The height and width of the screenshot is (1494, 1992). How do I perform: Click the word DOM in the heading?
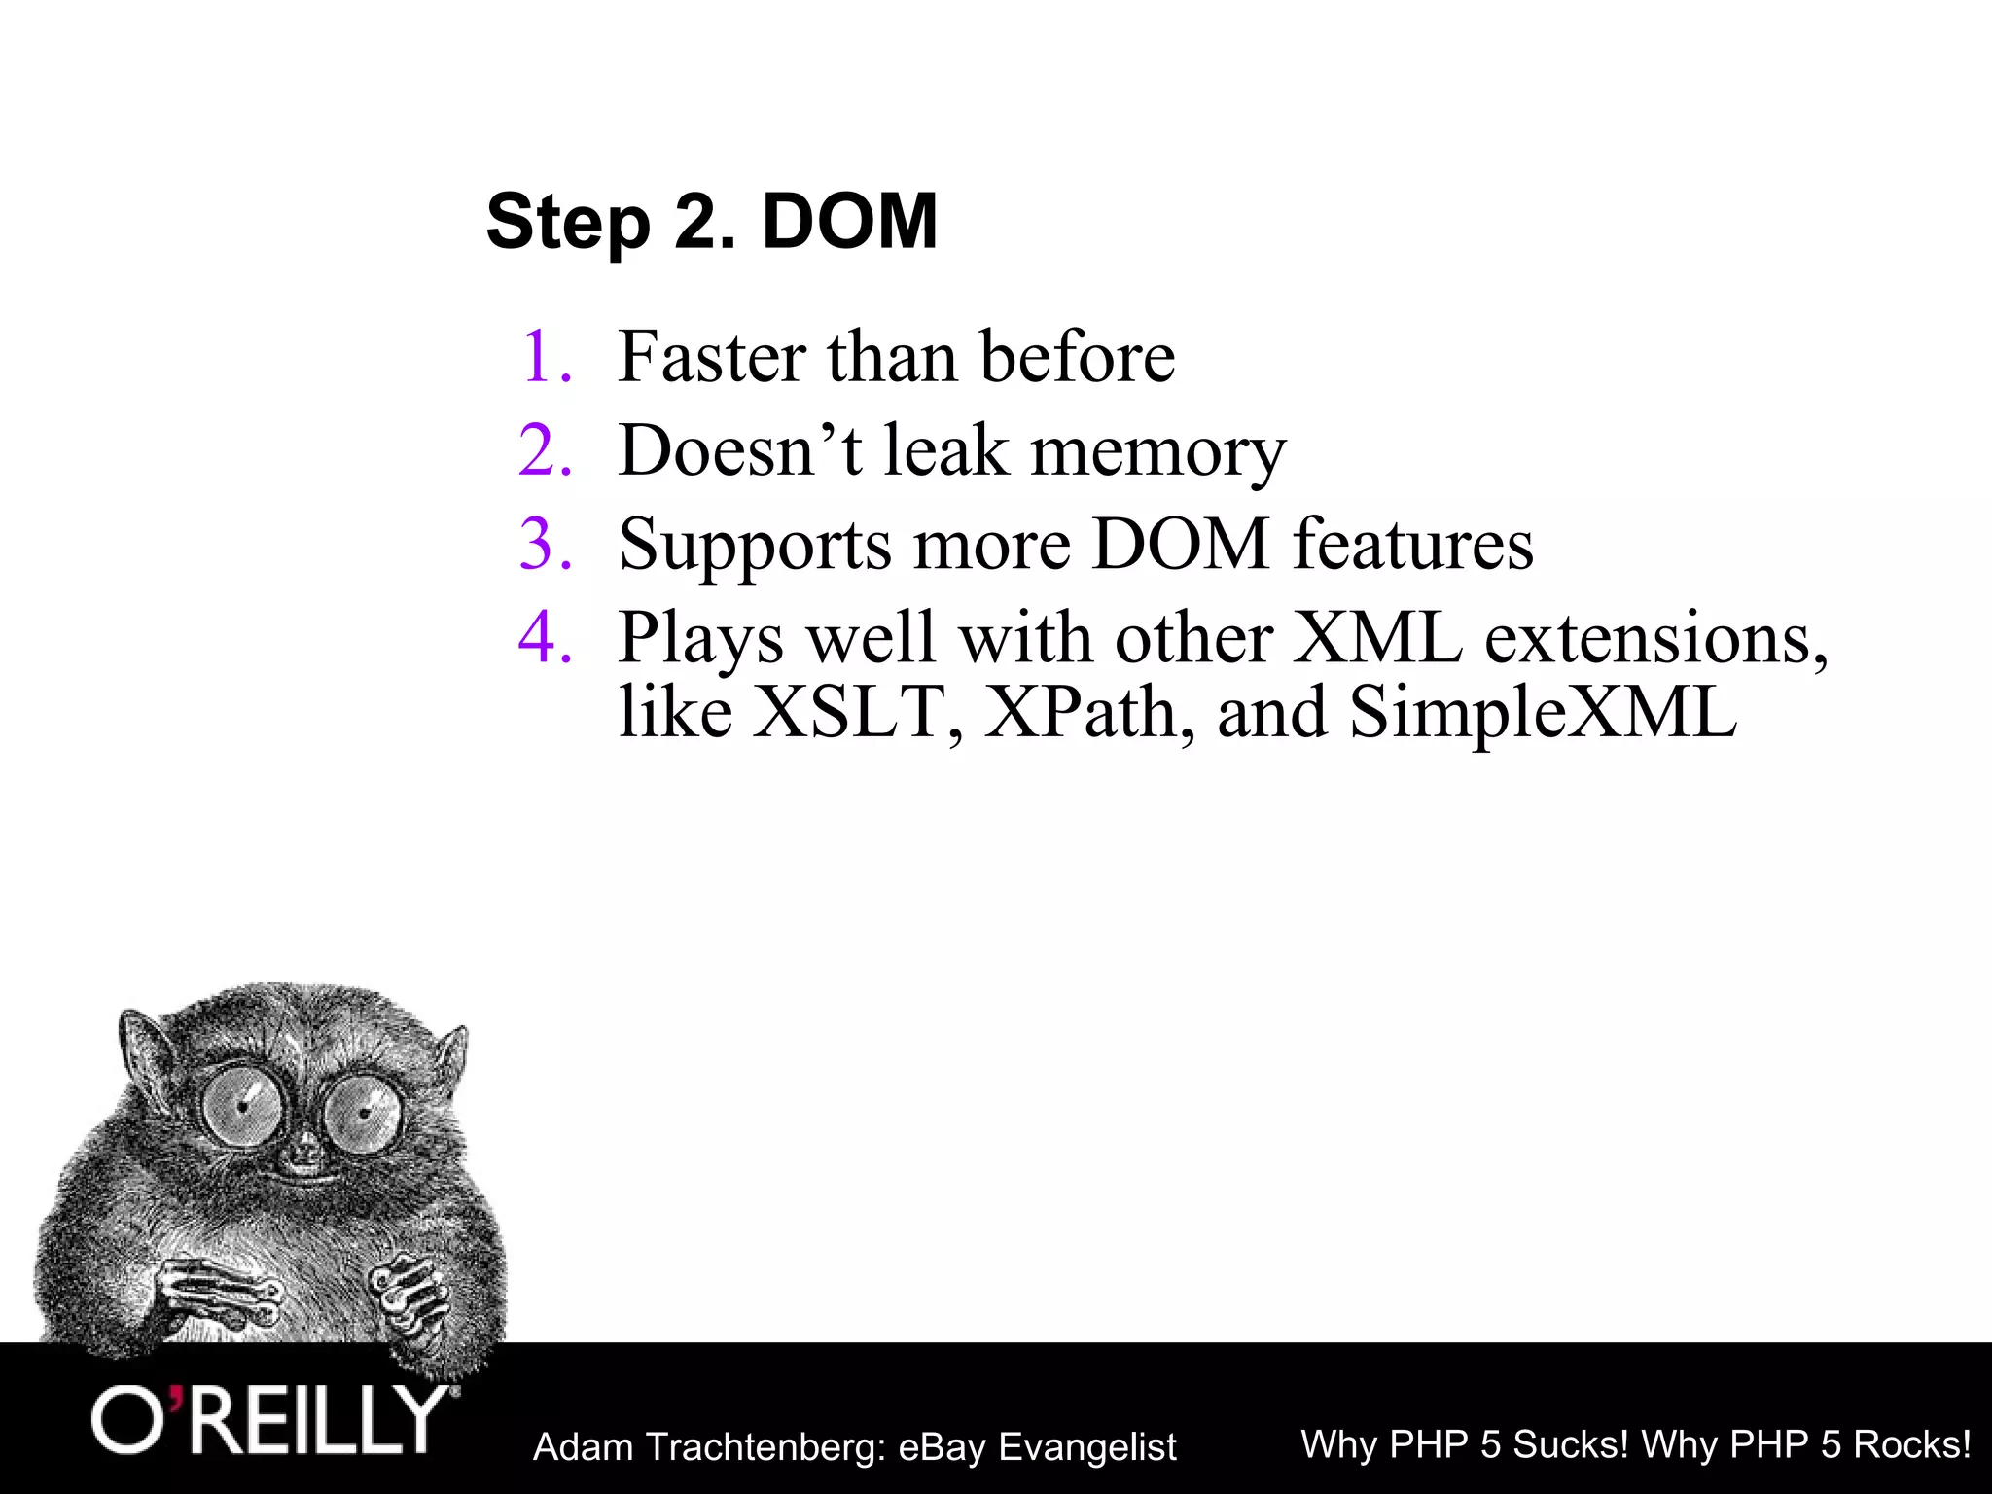[849, 222]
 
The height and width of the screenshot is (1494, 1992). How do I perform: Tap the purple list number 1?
[545, 357]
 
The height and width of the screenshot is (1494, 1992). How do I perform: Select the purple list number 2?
[545, 450]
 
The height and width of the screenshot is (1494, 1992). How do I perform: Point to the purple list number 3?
[545, 544]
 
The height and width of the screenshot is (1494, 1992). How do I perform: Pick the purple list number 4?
[545, 638]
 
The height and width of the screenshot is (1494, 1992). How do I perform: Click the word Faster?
[712, 357]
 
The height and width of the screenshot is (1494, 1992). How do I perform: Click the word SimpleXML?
[1543, 712]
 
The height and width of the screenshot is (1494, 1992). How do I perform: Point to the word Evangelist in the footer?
[1087, 1447]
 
